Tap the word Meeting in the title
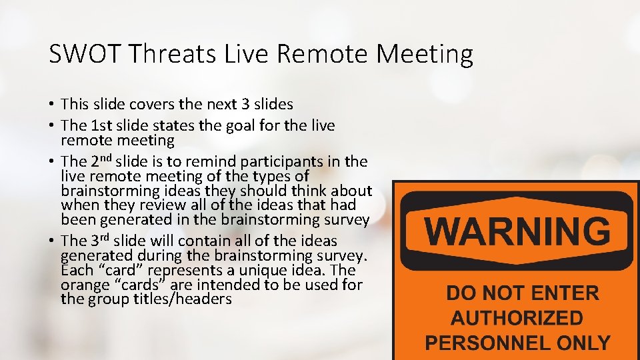coord(425,54)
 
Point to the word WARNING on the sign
coord(517,231)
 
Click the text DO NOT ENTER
coord(522,293)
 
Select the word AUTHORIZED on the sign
coord(517,318)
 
